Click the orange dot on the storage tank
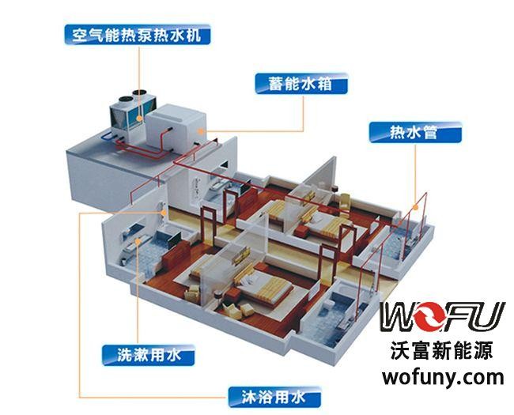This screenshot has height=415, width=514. [202, 129]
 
